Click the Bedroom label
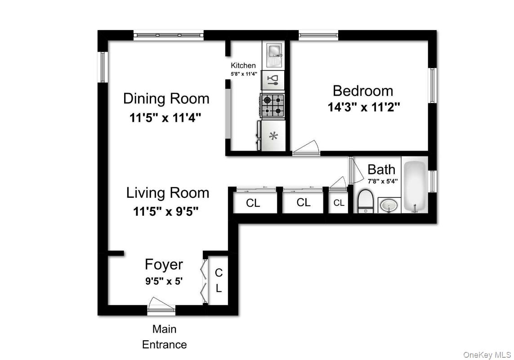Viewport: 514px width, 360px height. pos(362,91)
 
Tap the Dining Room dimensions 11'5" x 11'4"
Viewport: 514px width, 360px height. pos(165,118)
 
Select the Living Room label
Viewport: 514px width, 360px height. pos(167,193)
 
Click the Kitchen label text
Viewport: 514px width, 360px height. pos(243,66)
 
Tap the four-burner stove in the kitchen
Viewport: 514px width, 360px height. pos(273,105)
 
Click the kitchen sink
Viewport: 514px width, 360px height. pos(273,54)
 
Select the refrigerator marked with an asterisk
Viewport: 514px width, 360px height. pos(273,136)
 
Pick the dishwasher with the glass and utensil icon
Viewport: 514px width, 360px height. pos(273,80)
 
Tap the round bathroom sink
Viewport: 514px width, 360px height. pos(389,206)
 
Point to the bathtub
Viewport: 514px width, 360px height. pos(414,186)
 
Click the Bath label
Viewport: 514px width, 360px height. pos(381,169)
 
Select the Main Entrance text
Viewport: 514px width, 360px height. pos(164,337)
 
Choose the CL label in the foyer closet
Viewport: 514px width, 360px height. pos(219,280)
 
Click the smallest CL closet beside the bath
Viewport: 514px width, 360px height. pos(339,203)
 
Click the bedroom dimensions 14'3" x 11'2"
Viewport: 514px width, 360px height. pos(363,107)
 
